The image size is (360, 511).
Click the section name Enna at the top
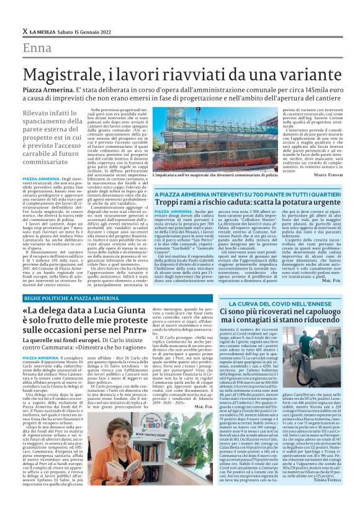click(37, 48)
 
